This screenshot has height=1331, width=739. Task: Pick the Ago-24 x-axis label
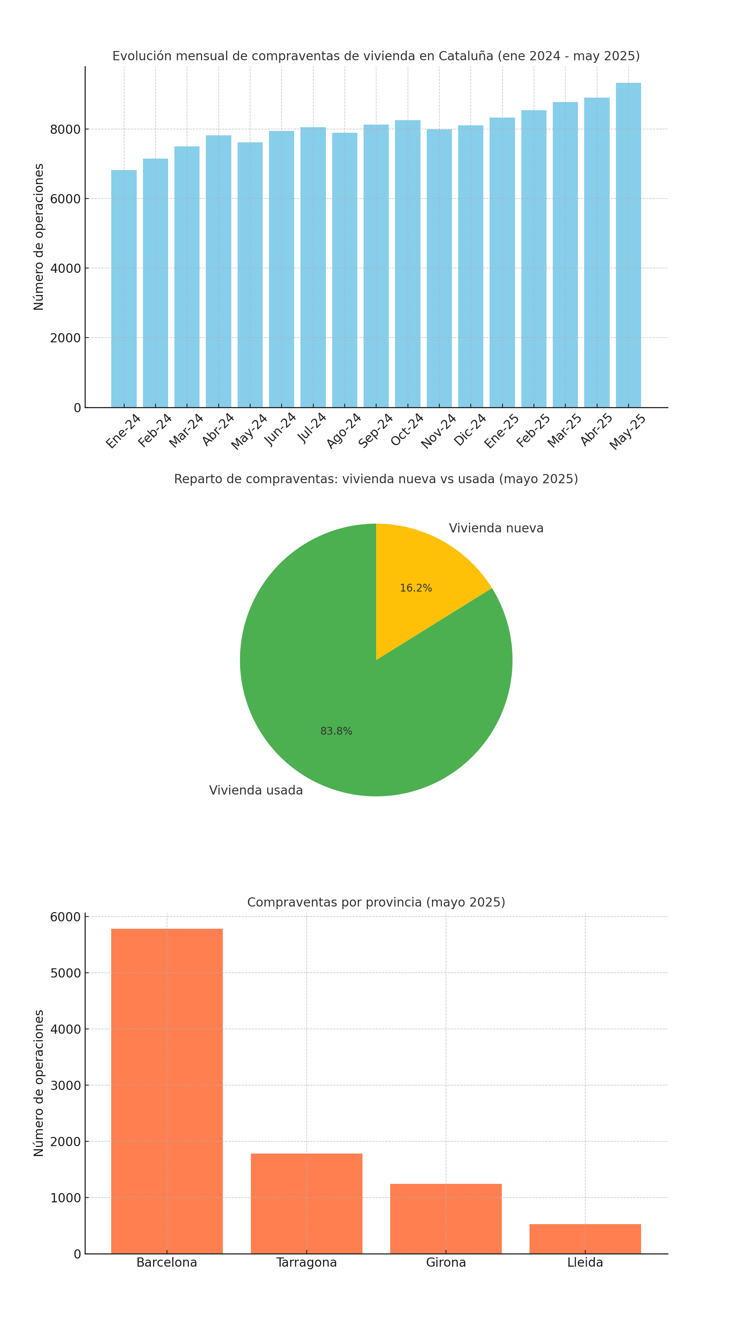click(x=343, y=431)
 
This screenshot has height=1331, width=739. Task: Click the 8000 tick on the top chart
click(x=65, y=130)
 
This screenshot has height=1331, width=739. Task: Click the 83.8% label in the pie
click(x=336, y=731)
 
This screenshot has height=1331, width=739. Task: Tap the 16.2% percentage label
click(x=416, y=588)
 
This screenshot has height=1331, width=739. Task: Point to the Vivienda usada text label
click(x=256, y=790)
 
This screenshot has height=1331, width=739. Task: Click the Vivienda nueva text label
click(x=496, y=528)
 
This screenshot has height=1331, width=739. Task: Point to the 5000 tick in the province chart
click(x=65, y=973)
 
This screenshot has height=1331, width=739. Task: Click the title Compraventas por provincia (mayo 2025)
click(x=376, y=902)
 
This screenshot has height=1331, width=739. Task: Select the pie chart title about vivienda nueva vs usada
click(x=376, y=479)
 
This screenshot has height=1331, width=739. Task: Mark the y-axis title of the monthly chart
click(x=39, y=237)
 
